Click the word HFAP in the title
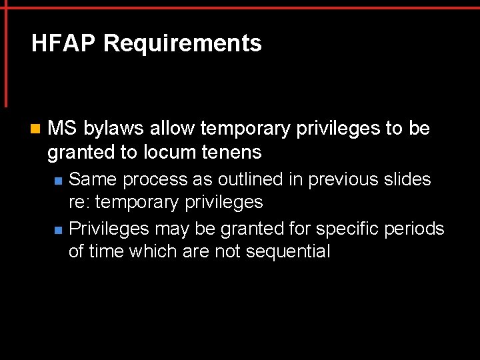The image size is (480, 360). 64,44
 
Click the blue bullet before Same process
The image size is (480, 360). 59,181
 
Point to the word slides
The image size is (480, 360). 407,179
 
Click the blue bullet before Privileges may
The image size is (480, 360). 59,230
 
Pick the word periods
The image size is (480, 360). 417,229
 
